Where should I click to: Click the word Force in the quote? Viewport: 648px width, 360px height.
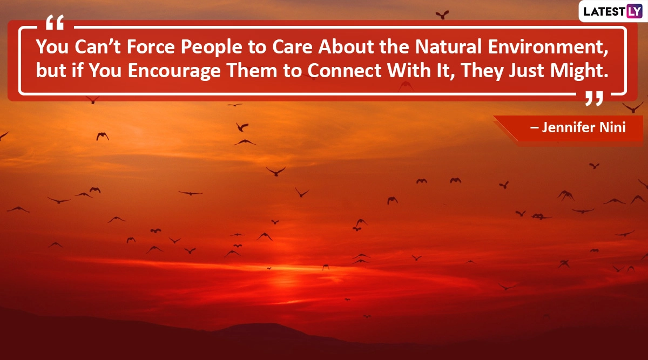point(151,46)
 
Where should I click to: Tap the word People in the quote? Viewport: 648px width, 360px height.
point(212,47)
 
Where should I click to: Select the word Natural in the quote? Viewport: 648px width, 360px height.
point(448,46)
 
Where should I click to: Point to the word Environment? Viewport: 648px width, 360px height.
point(548,47)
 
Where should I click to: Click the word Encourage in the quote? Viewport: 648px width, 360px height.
point(174,71)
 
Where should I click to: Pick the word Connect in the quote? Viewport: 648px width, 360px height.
point(345,71)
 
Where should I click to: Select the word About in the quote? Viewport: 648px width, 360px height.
point(346,46)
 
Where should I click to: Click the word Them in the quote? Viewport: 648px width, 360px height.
point(252,71)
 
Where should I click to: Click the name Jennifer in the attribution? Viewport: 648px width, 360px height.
point(568,127)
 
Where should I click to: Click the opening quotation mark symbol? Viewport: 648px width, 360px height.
point(55,22)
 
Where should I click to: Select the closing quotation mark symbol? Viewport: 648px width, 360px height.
point(594,98)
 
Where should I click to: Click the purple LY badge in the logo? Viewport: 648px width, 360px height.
point(634,11)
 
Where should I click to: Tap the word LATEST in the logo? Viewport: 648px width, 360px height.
point(604,11)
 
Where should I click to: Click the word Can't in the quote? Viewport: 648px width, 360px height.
point(98,46)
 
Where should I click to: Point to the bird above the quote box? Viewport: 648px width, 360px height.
point(442,15)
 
